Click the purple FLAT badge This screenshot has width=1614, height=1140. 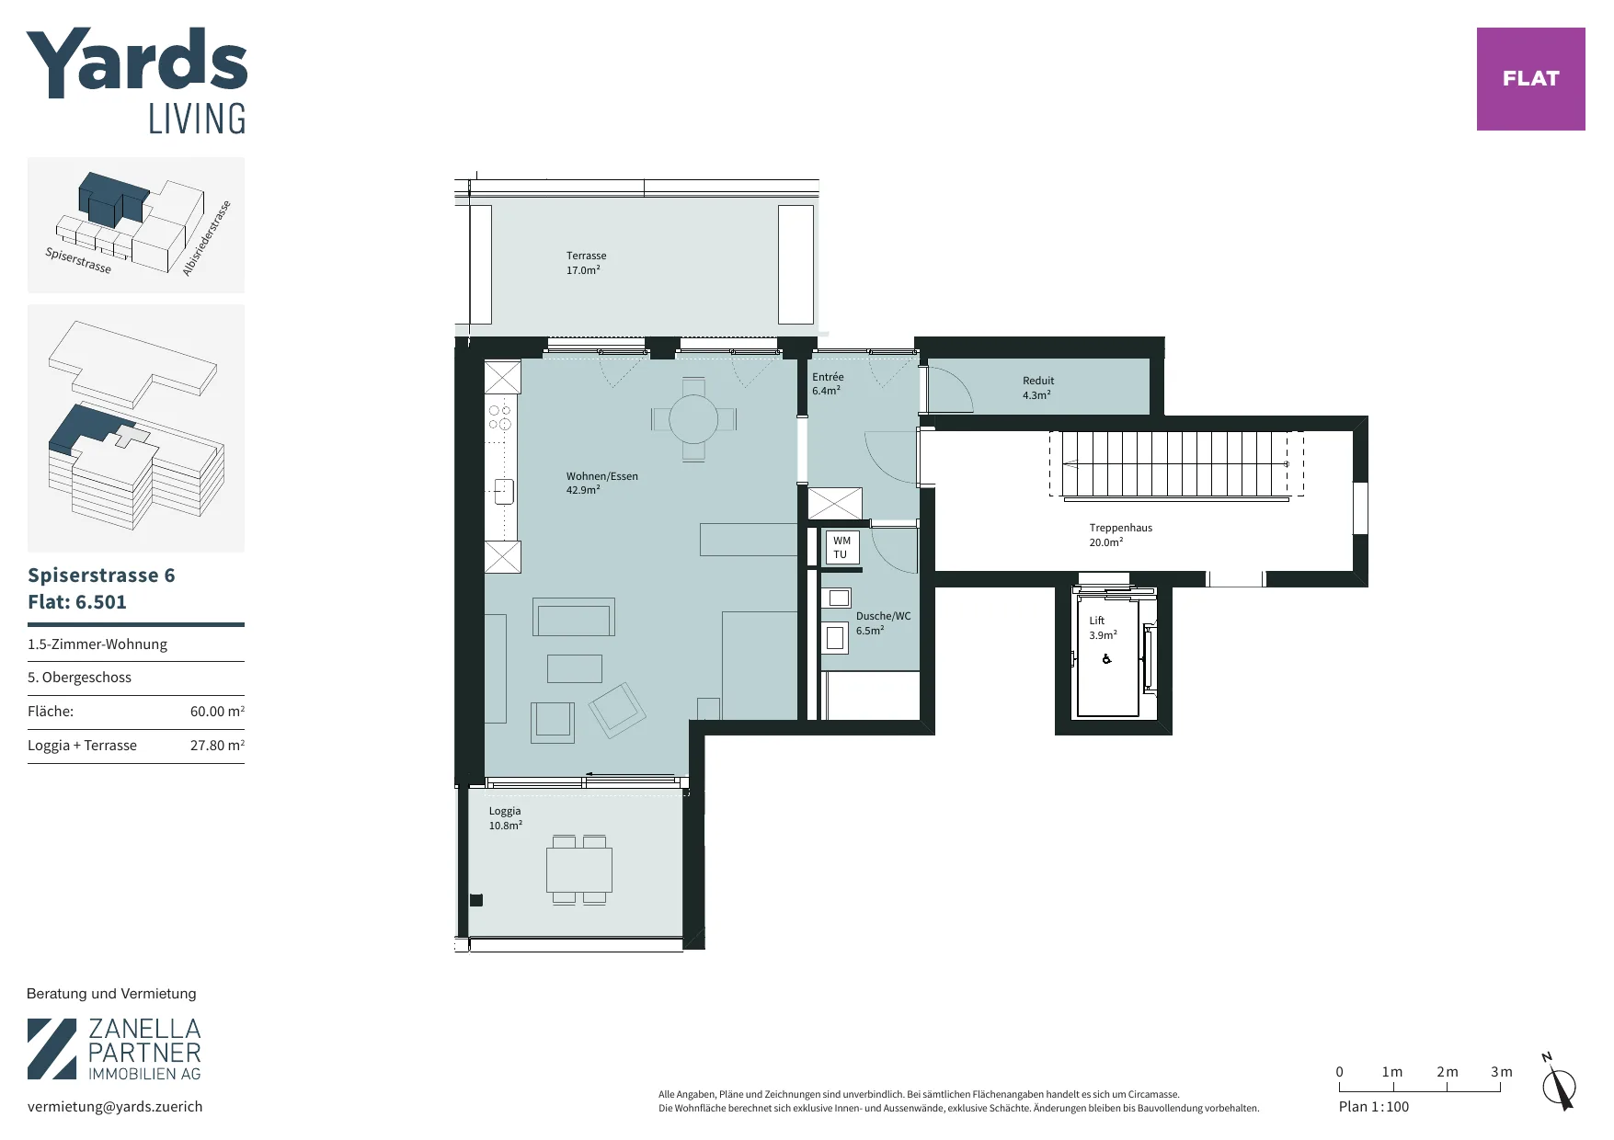point(1530,79)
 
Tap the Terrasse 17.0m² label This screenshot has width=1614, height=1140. point(585,263)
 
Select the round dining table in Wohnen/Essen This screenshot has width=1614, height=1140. point(693,420)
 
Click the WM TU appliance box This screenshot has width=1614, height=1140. point(841,547)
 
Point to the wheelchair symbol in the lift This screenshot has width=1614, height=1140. point(1106,658)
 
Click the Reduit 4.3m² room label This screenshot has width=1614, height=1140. point(1038,388)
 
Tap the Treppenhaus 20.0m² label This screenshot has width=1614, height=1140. point(1120,535)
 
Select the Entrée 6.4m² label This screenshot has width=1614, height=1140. point(828,383)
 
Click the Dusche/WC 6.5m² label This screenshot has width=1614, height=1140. point(883,623)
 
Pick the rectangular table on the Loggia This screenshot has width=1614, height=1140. point(579,870)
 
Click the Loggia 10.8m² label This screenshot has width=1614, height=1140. point(506,818)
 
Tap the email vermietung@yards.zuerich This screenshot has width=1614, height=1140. point(115,1107)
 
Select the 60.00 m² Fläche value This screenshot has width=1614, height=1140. point(217,712)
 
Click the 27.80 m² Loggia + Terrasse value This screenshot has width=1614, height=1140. point(217,746)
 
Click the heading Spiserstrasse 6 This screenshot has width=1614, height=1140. point(101,576)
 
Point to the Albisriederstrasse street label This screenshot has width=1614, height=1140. point(206,238)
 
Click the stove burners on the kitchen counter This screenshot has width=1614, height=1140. point(500,416)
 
